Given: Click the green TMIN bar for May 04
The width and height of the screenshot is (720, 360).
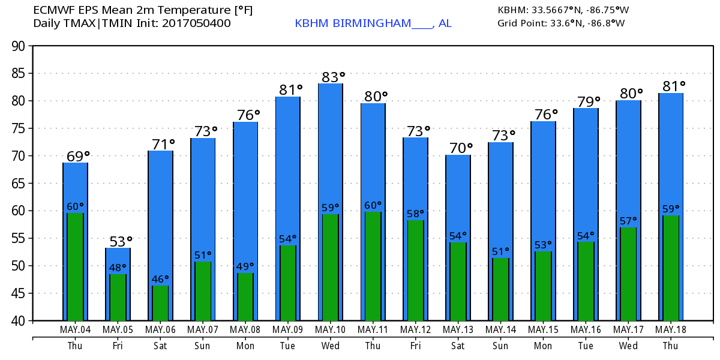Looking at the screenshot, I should tap(76, 267).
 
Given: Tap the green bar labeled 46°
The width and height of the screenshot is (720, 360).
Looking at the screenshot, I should tap(160, 303).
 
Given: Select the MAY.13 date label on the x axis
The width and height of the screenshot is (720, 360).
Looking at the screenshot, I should tap(458, 329).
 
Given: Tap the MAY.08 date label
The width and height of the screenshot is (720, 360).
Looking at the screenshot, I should tap(245, 329).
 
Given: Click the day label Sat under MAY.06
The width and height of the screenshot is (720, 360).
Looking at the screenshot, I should tap(160, 346).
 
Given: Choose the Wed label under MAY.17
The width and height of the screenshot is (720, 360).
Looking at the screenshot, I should tap(628, 346).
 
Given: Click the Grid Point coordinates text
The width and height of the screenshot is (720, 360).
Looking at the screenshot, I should tap(561, 23).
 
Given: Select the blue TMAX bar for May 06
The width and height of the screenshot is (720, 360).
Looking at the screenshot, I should tap(160, 216).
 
